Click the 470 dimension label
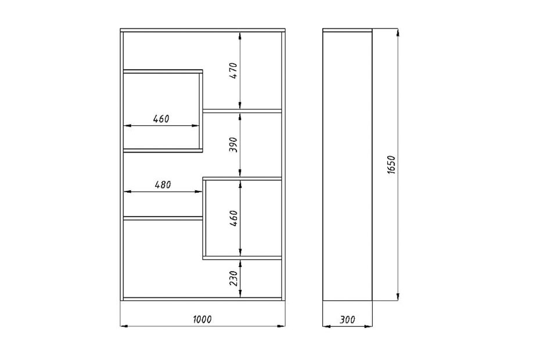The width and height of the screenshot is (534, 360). (x=233, y=70)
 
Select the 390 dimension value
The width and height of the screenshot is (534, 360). (x=233, y=145)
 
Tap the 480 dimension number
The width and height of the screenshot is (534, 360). (x=163, y=185)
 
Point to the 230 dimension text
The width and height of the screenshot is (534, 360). (x=233, y=278)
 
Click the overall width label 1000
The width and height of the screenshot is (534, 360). (x=203, y=319)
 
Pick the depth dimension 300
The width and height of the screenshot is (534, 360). (x=347, y=319)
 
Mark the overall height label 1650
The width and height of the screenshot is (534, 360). (x=391, y=165)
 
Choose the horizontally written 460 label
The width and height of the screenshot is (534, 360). (x=161, y=119)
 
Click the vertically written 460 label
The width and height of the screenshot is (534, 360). (x=233, y=218)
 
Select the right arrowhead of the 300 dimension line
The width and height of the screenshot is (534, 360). (x=369, y=326)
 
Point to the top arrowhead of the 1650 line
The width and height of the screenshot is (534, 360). (x=398, y=33)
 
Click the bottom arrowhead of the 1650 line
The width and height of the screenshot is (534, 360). (x=398, y=297)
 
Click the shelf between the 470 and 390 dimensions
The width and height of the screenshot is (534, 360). (x=243, y=111)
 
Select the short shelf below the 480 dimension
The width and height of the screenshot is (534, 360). (x=163, y=218)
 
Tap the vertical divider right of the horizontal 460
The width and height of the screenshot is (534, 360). (x=201, y=111)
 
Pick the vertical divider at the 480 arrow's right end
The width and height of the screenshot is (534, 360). (x=204, y=218)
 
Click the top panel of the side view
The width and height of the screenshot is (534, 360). (x=347, y=30)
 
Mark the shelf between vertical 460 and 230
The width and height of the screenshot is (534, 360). (x=243, y=258)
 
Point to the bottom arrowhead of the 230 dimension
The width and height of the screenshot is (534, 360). (x=240, y=294)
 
